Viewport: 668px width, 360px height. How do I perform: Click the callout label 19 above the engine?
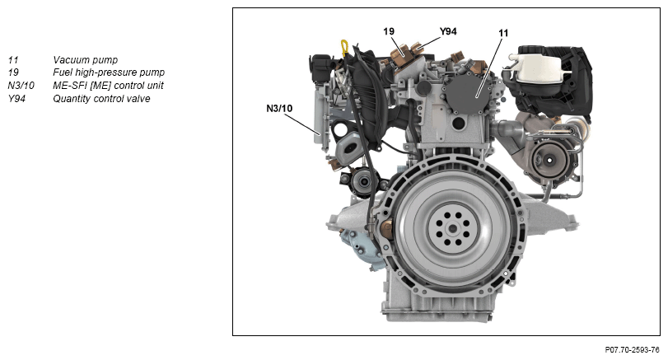[x=389, y=31]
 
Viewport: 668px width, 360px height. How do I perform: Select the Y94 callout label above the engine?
[x=448, y=31]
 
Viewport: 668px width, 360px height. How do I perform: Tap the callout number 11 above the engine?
[x=503, y=33]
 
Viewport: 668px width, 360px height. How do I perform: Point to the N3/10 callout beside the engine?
[x=279, y=108]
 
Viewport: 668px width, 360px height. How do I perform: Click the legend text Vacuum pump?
[x=85, y=59]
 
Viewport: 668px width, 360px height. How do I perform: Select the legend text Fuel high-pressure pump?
[x=109, y=72]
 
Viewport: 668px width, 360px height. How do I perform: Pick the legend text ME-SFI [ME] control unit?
[x=108, y=85]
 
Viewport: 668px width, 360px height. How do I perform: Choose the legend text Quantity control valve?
[x=101, y=98]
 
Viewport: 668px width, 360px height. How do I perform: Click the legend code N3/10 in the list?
[x=21, y=85]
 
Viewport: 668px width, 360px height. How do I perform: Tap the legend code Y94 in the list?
[x=16, y=98]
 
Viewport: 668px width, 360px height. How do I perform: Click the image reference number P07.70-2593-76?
[x=632, y=350]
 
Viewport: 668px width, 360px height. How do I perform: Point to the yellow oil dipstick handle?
[x=344, y=47]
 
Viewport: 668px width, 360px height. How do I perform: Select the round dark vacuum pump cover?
[x=467, y=92]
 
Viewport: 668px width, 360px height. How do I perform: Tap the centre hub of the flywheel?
[x=452, y=229]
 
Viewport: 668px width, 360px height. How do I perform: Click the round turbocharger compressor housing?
[x=550, y=160]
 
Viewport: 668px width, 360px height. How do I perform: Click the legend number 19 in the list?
[x=13, y=72]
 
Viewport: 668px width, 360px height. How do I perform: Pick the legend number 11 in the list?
[x=13, y=59]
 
